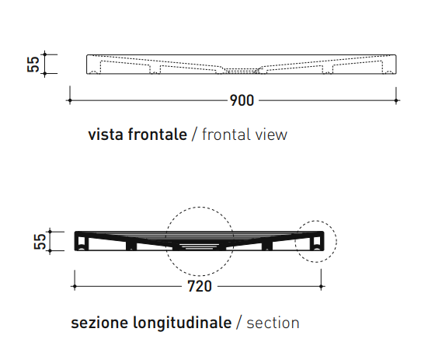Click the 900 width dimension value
click(242, 100)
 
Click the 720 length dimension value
click(200, 286)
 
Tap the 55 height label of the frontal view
click(33, 65)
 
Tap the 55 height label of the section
click(40, 241)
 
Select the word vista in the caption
click(106, 135)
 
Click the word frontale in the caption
click(158, 135)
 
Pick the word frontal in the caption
click(225, 135)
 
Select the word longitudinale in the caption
click(183, 323)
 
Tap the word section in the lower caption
click(273, 323)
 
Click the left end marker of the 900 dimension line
click(70, 100)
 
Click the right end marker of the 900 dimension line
click(396, 100)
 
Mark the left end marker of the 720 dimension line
click(75, 286)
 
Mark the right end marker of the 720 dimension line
click(321, 286)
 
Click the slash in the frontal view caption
click(194, 135)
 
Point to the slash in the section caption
click(239, 323)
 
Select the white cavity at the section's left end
click(82, 243)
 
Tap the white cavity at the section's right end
click(317, 243)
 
